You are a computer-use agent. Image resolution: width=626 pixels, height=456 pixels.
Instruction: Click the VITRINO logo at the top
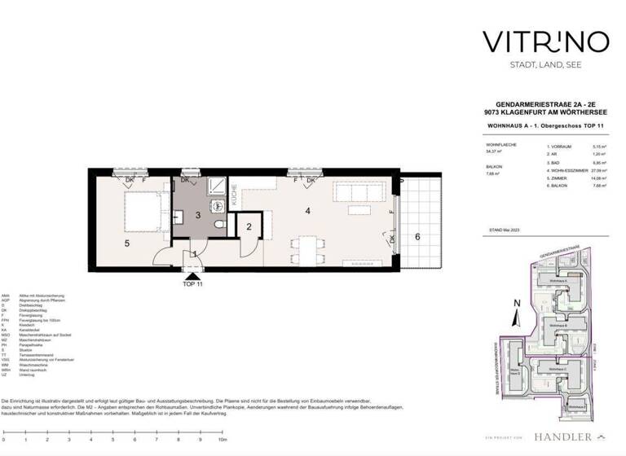pyautogui.click(x=537, y=41)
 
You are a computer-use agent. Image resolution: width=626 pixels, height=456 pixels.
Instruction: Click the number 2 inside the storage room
pyautogui.click(x=248, y=226)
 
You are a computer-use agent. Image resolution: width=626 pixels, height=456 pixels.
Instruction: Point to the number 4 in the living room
pyautogui.click(x=307, y=212)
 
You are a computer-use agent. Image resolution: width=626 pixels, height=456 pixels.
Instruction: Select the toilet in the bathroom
pyautogui.click(x=218, y=225)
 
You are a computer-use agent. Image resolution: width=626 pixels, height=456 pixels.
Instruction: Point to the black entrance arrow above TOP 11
pyautogui.click(x=192, y=278)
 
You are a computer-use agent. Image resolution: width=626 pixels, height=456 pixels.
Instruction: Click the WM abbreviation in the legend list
pyautogui.click(x=6, y=365)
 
